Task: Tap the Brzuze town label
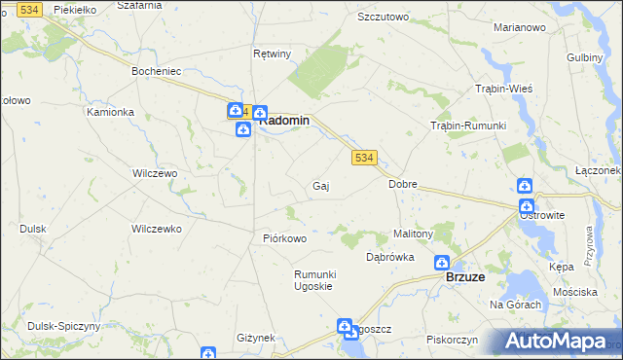[465, 277]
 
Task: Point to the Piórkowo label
[285, 238]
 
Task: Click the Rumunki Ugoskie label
[314, 280]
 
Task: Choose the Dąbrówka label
[390, 258]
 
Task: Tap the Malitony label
[412, 234]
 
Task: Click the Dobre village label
[403, 183]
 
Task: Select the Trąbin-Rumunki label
[469, 126]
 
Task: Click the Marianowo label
[519, 27]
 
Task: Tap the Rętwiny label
[272, 54]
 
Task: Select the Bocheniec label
[158, 71]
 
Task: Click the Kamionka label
[110, 112]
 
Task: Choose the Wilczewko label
[157, 230]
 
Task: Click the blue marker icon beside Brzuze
[442, 263]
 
